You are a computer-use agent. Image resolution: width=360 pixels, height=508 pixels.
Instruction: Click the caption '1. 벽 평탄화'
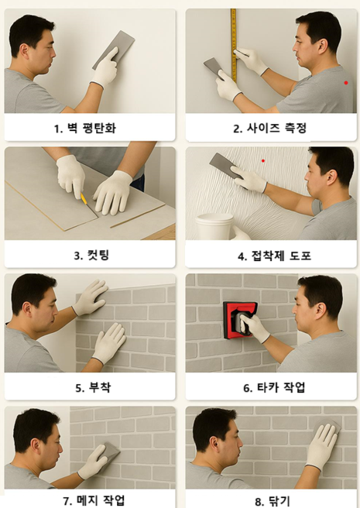click(x=85, y=129)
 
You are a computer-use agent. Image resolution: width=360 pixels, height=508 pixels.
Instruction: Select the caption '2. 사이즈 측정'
click(x=270, y=129)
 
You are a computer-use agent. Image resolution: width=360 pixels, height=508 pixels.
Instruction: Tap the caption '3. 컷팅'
click(x=91, y=256)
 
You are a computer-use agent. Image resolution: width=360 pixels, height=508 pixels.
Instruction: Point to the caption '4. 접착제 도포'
click(x=274, y=256)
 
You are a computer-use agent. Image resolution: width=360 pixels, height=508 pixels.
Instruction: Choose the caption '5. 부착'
click(x=93, y=387)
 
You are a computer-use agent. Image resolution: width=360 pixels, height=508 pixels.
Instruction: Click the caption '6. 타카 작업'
click(x=274, y=387)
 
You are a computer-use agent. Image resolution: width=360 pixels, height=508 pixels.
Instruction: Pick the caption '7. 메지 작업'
click(x=94, y=500)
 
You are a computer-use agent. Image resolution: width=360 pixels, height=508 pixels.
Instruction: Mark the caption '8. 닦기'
click(x=273, y=502)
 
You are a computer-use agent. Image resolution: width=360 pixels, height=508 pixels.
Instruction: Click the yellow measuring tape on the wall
click(x=234, y=46)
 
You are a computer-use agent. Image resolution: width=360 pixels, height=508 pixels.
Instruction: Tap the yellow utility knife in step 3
click(x=84, y=198)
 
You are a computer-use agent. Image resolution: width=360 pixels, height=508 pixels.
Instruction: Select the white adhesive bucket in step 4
click(x=214, y=226)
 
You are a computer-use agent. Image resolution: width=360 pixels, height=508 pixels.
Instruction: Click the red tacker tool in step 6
click(x=240, y=320)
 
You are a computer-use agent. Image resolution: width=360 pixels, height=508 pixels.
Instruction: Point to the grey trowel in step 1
click(x=114, y=50)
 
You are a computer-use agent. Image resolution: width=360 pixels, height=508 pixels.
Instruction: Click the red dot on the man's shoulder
click(x=346, y=83)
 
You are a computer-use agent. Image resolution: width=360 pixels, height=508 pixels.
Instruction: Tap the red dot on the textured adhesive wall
click(x=263, y=161)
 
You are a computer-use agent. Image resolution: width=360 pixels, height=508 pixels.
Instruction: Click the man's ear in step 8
click(x=214, y=444)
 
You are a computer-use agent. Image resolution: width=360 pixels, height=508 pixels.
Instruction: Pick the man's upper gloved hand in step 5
click(x=91, y=297)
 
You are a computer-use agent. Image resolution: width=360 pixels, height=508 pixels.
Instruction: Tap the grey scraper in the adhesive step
click(x=226, y=166)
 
